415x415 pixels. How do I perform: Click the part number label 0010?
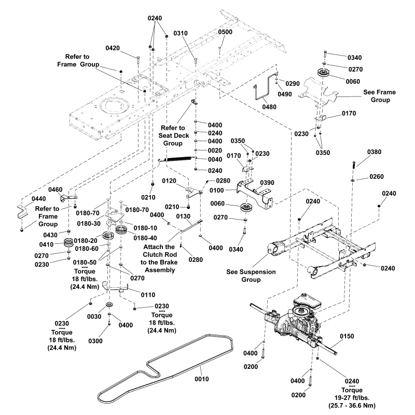click(x=201, y=380)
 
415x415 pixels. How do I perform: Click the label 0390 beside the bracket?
click(x=267, y=183)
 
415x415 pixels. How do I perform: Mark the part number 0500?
click(x=225, y=32)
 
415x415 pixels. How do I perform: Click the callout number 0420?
click(x=113, y=48)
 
